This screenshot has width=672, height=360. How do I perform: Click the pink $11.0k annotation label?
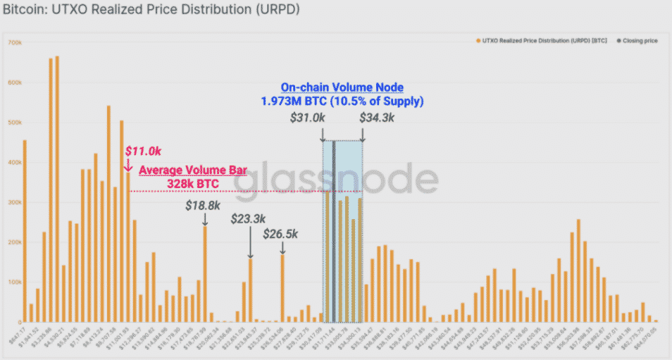coord(143,151)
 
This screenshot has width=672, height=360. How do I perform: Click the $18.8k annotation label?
coord(204,206)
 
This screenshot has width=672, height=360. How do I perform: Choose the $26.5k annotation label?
coord(280,234)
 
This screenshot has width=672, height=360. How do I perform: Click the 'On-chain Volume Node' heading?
coord(342,87)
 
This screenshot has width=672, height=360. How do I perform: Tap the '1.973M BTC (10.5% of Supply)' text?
coord(342,101)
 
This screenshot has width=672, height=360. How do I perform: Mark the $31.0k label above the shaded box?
coord(308,118)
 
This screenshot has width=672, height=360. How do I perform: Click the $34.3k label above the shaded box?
coord(377,118)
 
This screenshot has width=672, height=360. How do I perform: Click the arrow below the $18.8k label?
coord(205,219)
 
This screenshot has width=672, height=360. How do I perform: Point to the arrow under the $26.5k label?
coord(282,247)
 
